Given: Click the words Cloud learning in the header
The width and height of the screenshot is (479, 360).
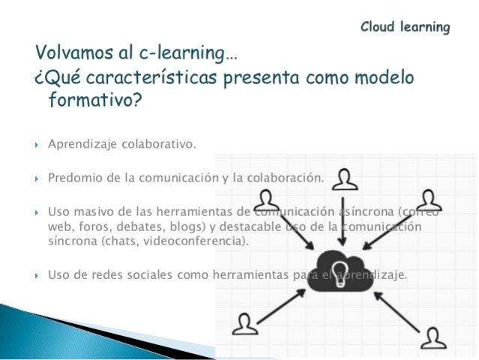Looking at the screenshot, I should point(405,28).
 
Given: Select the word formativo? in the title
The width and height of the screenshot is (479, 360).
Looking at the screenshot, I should point(94,100).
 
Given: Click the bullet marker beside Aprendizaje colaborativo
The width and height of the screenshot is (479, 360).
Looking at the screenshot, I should point(37,145).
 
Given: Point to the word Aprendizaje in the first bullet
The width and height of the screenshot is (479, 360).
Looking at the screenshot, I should point(79,144).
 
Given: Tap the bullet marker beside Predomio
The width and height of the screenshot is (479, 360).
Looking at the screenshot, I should point(37,179).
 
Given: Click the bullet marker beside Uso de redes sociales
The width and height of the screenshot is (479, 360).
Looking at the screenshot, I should point(37,276).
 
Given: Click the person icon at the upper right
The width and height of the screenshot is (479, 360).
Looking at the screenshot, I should point(429,199).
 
